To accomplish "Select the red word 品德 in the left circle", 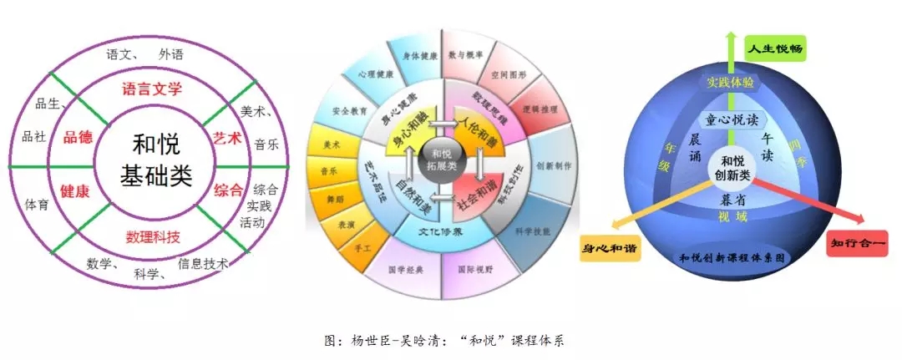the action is point(77,138).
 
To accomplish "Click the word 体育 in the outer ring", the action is point(36,203).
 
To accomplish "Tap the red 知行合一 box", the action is point(854,243).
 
